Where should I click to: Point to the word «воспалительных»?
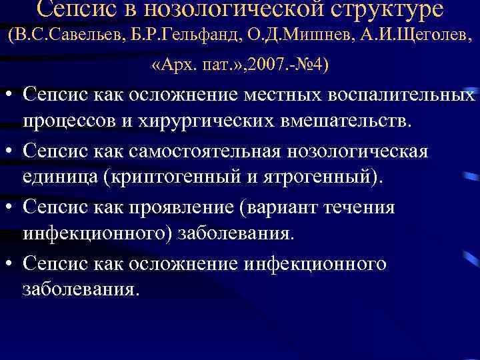pos(401,95)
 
